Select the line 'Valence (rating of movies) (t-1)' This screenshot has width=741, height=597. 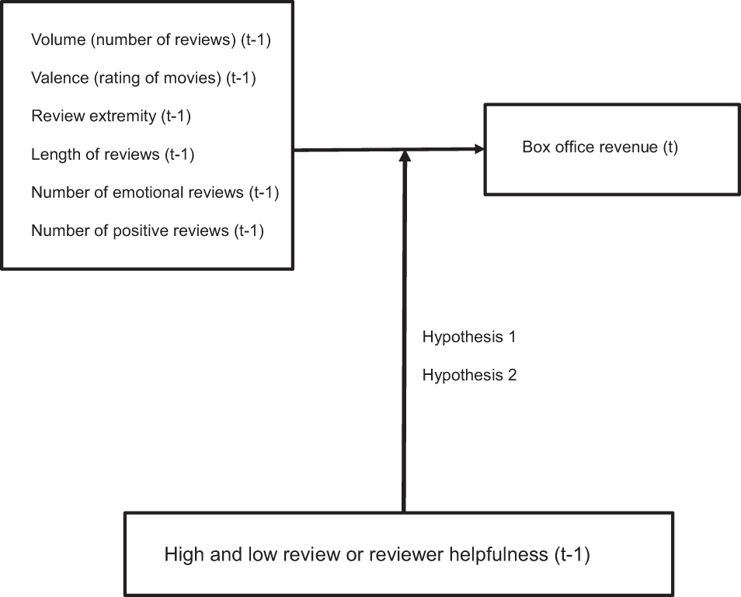pos(144,78)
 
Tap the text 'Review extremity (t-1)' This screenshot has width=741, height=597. pos(111,116)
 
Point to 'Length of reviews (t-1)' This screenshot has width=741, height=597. pos(113,154)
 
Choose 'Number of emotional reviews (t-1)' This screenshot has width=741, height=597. pos(155,193)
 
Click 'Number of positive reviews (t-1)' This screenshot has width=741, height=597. pos(148,231)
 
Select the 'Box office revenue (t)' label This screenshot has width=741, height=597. pos(600,148)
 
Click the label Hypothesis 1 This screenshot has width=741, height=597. pos(469,338)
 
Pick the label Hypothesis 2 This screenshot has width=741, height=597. pos(469,376)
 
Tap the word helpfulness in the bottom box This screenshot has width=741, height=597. pos(496,556)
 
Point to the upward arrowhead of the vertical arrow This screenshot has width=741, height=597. pos(404,157)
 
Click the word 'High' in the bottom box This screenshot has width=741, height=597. pos(182,556)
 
